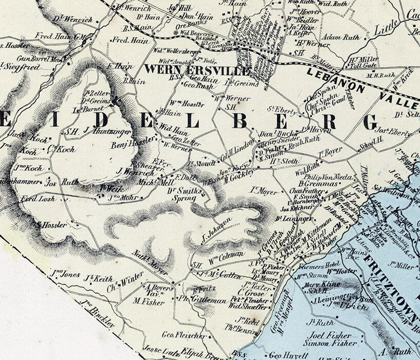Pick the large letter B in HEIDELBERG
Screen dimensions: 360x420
click(x=240, y=121)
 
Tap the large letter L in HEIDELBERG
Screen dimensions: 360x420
click(x=192, y=121)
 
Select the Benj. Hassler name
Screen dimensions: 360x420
click(x=133, y=143)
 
